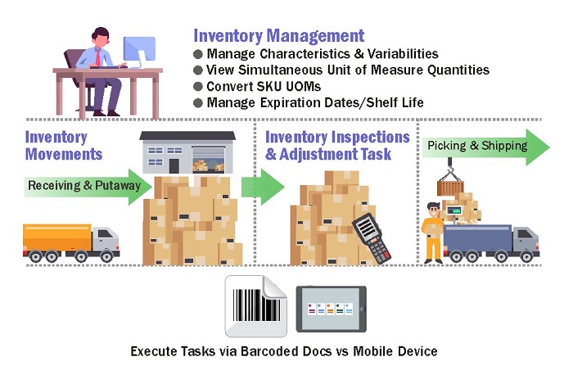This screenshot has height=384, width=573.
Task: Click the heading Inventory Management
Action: [278, 35]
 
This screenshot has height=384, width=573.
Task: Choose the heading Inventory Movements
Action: [64, 145]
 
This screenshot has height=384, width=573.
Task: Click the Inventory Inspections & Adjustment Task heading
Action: [337, 145]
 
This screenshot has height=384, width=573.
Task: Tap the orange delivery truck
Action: [70, 241]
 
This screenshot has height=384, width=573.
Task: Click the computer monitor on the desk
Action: [139, 54]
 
